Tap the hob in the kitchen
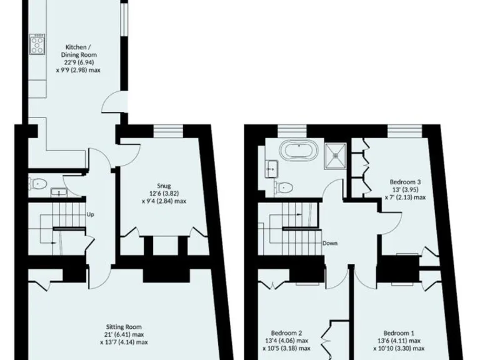pyautogui.click(x=36, y=46)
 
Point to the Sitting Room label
pyautogui.click(x=124, y=334)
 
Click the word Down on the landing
pyautogui.click(x=330, y=242)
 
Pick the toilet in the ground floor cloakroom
pyautogui.click(x=38, y=183)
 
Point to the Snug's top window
pyautogui.click(x=167, y=130)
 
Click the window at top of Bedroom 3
pyautogui.click(x=401, y=130)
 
